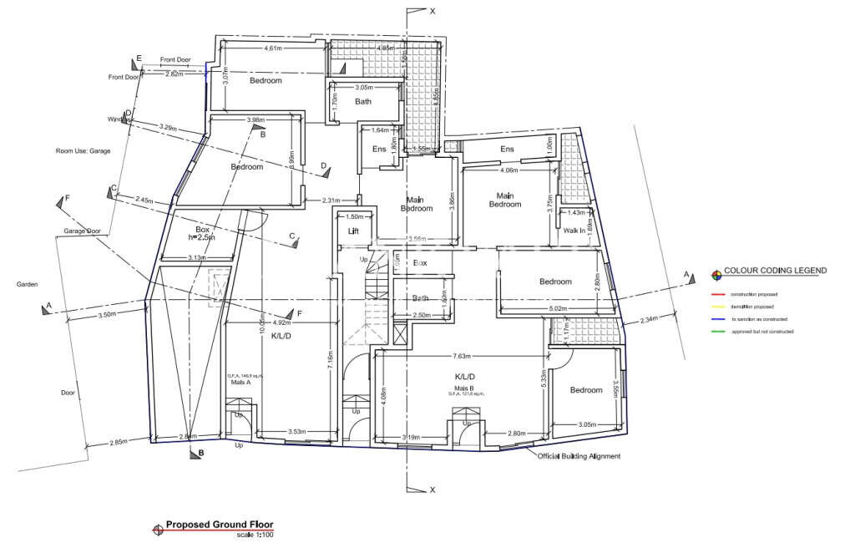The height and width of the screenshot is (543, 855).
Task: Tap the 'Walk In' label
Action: pos(574,230)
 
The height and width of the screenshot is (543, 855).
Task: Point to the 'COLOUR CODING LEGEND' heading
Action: pos(775,271)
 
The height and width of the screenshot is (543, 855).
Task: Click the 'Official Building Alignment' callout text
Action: pos(579,456)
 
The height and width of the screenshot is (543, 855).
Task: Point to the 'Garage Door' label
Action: pos(82,231)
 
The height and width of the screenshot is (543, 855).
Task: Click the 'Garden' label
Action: pos(27,285)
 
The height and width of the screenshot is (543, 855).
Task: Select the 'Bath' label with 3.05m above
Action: pos(363,102)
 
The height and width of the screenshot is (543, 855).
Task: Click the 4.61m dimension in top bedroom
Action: pos(273,48)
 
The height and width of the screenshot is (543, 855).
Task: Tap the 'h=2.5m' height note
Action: pos(201,237)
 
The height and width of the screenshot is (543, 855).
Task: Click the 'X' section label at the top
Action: pos(432,13)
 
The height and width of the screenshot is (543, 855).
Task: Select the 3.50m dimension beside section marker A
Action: pos(107,315)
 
